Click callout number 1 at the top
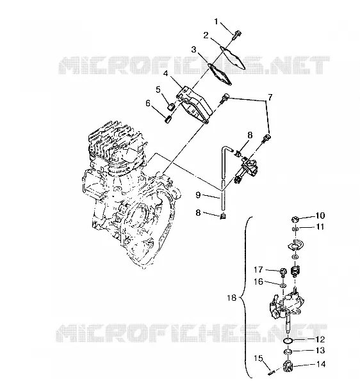coord(216,22)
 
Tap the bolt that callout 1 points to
coord(236,35)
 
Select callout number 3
coord(193,50)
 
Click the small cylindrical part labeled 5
coord(170,108)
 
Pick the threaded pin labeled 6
coord(168,120)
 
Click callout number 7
coord(270,97)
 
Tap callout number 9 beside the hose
coord(198,195)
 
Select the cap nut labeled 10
coord(295,219)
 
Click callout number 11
coord(319,227)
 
